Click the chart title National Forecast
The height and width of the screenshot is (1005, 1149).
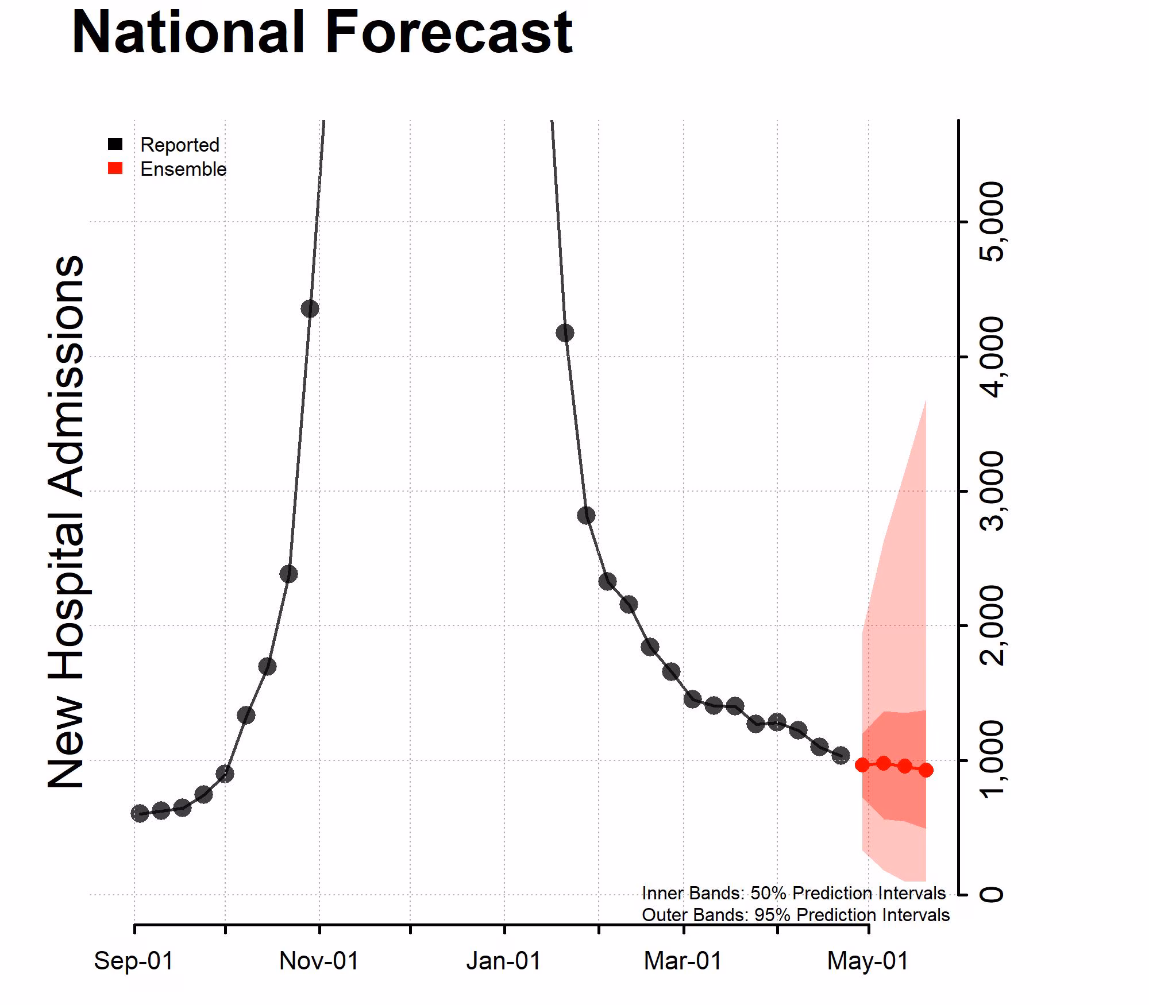pos(322,33)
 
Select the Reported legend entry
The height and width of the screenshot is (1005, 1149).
pos(179,145)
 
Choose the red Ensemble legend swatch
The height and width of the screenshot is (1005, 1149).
pos(115,168)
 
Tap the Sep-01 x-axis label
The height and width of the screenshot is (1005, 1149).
pos(134,961)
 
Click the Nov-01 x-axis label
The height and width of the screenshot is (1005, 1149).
pos(319,961)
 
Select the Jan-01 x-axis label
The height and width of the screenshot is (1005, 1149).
pos(504,961)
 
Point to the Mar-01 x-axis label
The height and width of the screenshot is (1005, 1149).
pos(683,961)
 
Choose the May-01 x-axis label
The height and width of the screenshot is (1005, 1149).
pos(867,961)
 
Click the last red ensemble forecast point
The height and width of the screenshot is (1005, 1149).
pos(926,770)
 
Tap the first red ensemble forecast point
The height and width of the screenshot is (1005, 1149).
pos(862,765)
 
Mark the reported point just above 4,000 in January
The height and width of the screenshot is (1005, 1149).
pos(565,333)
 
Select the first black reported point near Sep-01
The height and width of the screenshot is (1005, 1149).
pos(140,813)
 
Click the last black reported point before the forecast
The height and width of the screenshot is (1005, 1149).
pos(840,756)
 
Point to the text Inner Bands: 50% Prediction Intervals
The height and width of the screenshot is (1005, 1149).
pos(793,893)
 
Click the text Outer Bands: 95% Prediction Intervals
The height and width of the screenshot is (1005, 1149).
pos(795,915)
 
